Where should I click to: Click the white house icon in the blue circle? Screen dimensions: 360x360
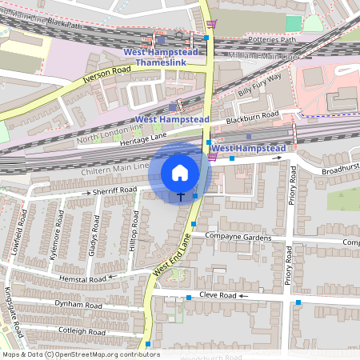(180, 173)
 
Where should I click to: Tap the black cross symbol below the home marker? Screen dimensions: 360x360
(181, 196)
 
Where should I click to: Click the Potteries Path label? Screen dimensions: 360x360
(272, 39)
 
